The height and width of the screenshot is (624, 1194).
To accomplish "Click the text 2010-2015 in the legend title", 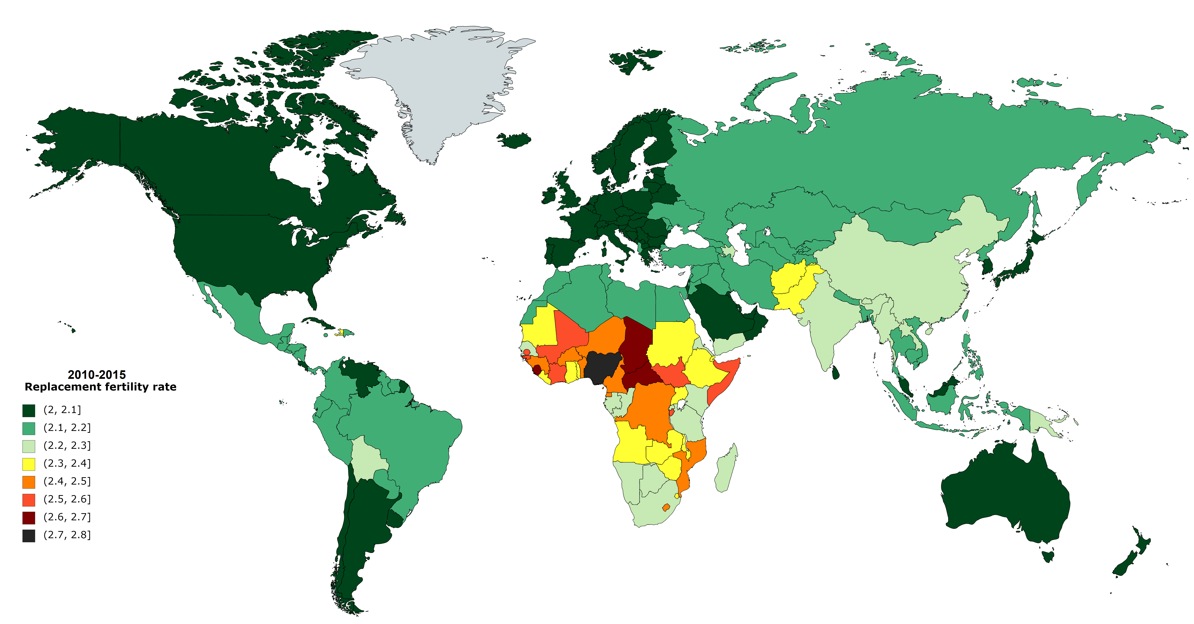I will (96, 375).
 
